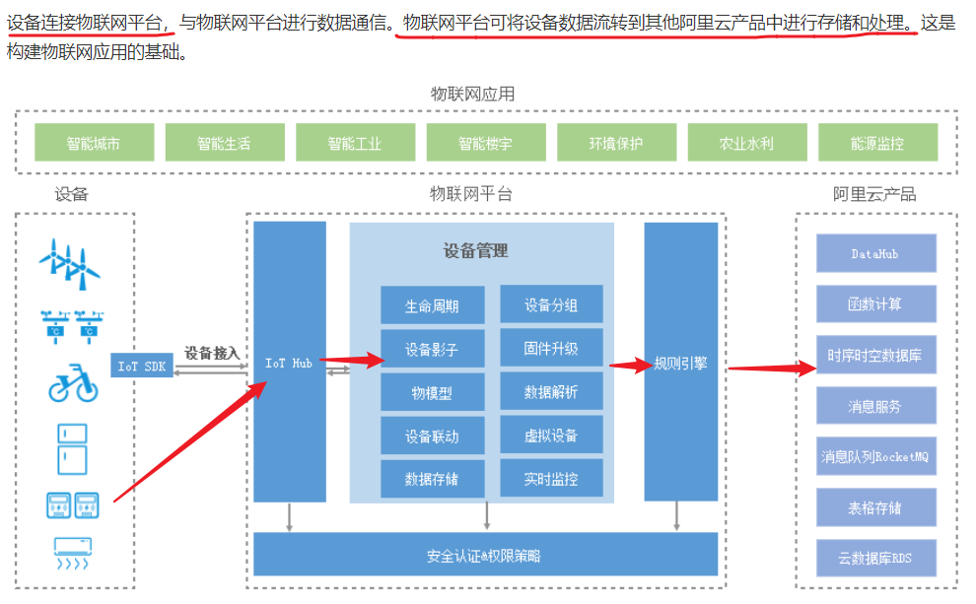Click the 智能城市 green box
tap(94, 143)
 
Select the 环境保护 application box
tap(616, 143)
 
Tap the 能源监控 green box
tap(877, 143)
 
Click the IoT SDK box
tap(142, 365)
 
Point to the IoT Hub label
tap(289, 364)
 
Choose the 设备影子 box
tap(432, 349)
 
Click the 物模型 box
tap(432, 392)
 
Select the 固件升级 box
tap(551, 349)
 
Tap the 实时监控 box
tap(551, 480)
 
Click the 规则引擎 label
tap(680, 363)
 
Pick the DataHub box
tap(875, 253)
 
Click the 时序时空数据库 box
tap(875, 355)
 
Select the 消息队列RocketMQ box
tap(875, 457)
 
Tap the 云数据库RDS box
tap(875, 559)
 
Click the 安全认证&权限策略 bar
tap(485, 555)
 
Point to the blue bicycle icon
tap(73, 382)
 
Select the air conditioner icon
tap(72, 553)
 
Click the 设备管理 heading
tap(476, 250)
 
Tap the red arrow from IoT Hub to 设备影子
tap(350, 361)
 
